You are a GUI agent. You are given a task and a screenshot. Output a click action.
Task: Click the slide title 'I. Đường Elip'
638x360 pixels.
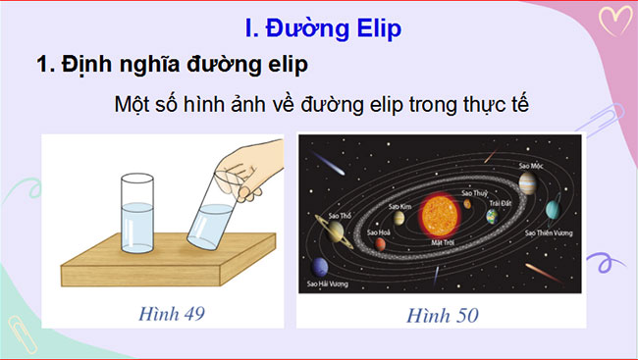click(x=321, y=27)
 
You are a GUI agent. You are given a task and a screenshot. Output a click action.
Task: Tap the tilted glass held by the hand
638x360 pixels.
click(x=210, y=217)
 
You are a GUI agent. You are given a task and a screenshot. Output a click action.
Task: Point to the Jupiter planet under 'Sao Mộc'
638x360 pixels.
click(x=527, y=182)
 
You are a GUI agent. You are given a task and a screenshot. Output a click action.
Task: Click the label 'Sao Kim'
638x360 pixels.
click(x=399, y=207)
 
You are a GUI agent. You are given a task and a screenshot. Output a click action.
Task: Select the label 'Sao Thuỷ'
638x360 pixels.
click(x=474, y=193)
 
